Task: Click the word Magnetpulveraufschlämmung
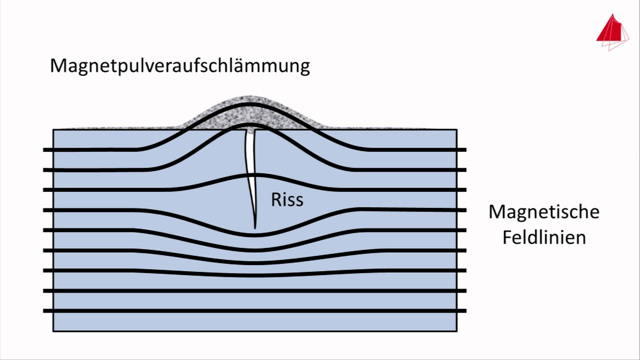tap(180, 65)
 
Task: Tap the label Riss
tap(287, 199)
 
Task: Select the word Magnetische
tap(543, 211)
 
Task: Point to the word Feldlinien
tap(543, 236)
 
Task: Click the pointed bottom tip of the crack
tap(255, 227)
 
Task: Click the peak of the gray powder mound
tap(249, 98)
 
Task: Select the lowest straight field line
tap(255, 311)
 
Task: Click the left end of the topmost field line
tap(44, 149)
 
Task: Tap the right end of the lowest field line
tap(465, 311)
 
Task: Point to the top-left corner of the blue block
tap(53, 130)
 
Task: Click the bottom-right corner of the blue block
tap(456, 330)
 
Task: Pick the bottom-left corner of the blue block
tap(53, 330)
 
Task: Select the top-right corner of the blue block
tap(456, 130)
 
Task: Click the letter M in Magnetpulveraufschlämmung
tap(58, 65)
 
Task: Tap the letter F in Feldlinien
tap(506, 236)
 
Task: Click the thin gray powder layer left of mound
tap(120, 128)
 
